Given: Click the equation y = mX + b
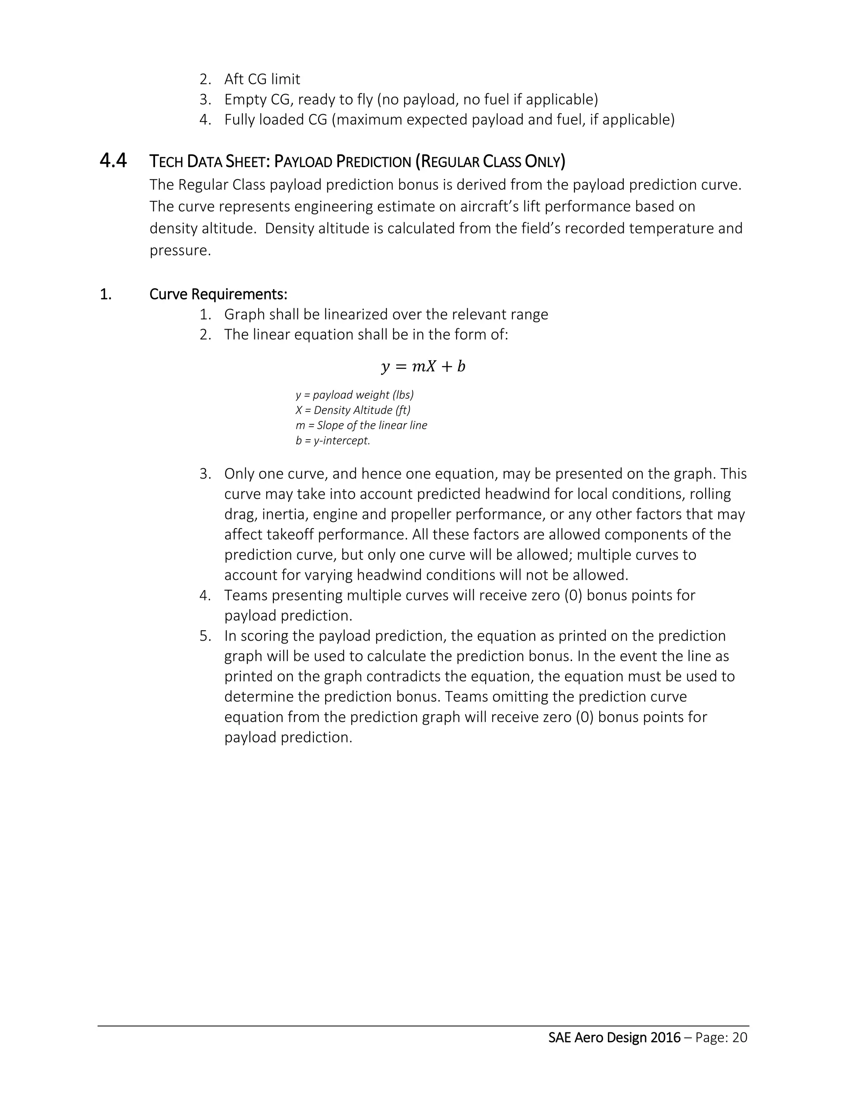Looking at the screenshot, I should tap(423, 366).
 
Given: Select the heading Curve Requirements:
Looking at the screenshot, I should tap(218, 294).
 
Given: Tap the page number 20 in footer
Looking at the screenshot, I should tap(739, 1037).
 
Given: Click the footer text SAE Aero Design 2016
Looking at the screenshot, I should tap(614, 1037).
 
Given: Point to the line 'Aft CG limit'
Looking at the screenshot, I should tap(262, 79).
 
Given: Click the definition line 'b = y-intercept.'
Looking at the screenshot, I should tap(333, 440).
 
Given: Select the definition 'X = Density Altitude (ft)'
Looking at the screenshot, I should tap(353, 410).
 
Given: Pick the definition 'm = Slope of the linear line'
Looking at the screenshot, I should tap(361, 425).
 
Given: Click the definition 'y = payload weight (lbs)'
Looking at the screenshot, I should tap(355, 395).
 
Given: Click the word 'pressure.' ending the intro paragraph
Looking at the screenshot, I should tap(180, 250).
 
